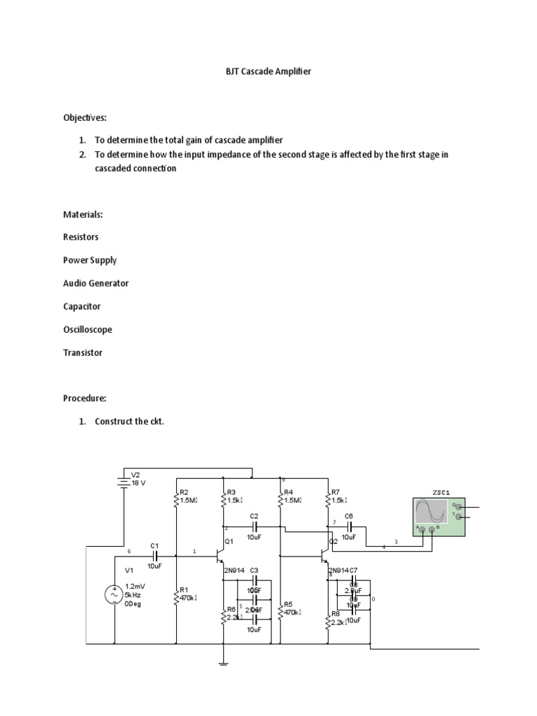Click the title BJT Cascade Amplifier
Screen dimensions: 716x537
click(268, 72)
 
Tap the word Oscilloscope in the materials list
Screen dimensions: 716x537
click(87, 329)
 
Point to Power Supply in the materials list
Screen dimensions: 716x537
click(89, 260)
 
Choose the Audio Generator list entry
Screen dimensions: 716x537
click(96, 283)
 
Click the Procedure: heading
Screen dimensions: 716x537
click(85, 398)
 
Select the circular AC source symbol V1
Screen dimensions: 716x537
click(114, 594)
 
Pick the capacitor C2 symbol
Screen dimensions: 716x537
click(255, 527)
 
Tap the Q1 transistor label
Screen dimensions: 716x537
click(229, 542)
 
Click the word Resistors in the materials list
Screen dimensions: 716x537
click(80, 237)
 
